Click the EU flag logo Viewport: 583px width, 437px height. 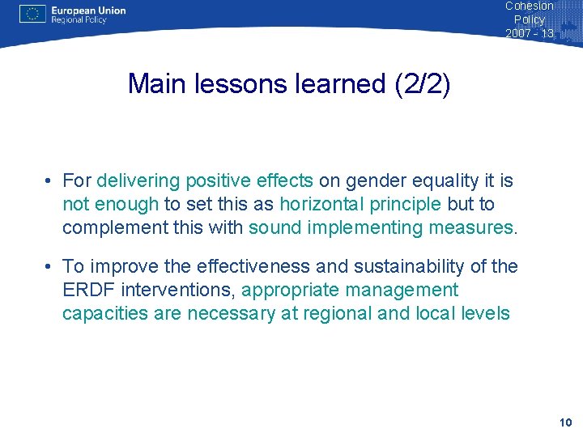[32, 14]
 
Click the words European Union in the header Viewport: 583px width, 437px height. [88, 11]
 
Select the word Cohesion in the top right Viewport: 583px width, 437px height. [529, 6]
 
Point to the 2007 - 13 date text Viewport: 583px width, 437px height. [530, 33]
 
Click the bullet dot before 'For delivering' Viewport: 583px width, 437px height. [50, 180]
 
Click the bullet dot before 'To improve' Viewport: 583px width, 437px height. [50, 266]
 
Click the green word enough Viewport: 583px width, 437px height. [125, 204]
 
